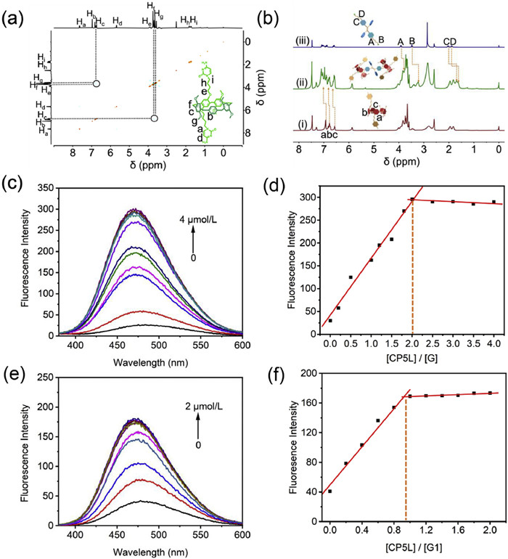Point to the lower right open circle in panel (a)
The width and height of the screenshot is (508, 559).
154,118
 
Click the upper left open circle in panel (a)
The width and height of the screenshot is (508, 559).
97,83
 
